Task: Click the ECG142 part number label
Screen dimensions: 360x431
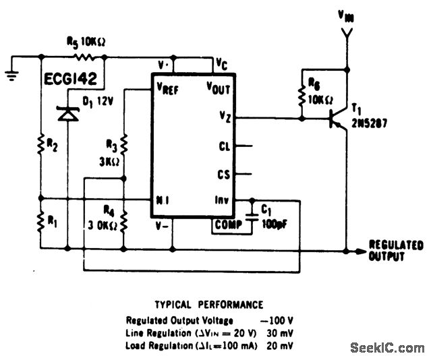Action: [x=72, y=78]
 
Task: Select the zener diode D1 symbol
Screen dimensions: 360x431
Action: [x=67, y=114]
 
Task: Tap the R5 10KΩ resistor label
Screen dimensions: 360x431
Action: [x=86, y=42]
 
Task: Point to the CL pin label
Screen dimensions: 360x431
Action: [x=225, y=146]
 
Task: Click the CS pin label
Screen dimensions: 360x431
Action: [x=225, y=174]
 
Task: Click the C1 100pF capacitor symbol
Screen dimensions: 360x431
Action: [x=253, y=216]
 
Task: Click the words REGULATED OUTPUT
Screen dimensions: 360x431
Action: [x=397, y=250]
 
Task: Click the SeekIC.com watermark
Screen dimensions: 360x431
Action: [x=387, y=348]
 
